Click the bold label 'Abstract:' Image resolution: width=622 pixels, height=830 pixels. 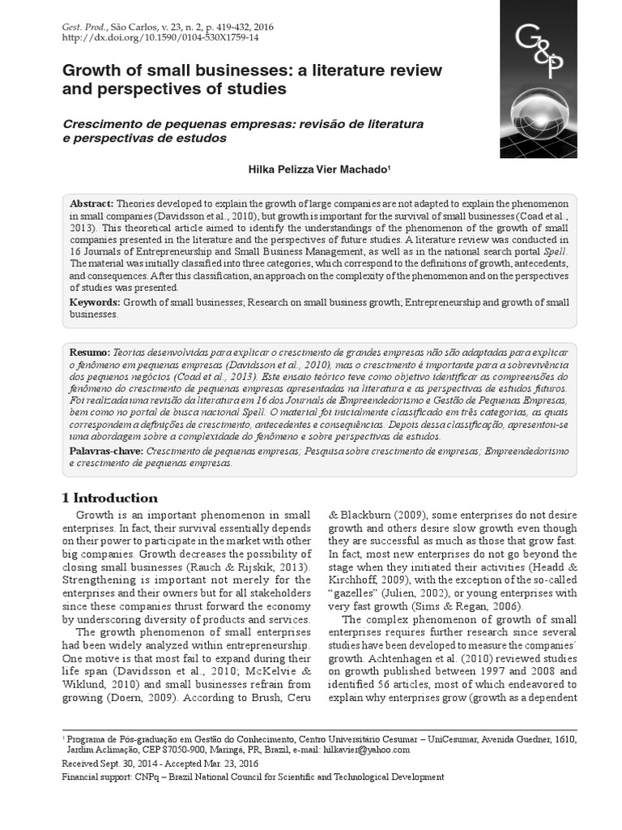92,203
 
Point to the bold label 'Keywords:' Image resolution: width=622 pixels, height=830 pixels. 95,302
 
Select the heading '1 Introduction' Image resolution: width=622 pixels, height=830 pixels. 110,498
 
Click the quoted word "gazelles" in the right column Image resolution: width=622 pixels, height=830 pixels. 358,593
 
